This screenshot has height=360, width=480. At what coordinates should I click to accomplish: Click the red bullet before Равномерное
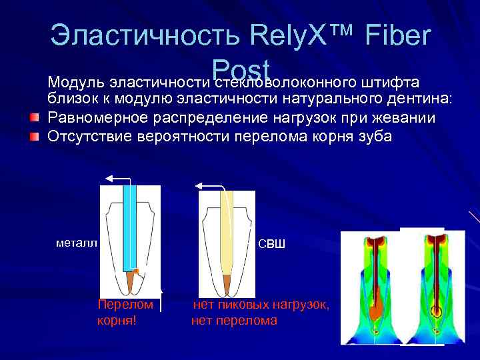[x=34, y=119]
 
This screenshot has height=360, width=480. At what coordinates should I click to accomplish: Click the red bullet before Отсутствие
[x=34, y=137]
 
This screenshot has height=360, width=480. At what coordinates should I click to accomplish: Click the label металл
[x=77, y=243]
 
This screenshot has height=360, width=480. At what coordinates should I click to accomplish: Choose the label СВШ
[x=271, y=244]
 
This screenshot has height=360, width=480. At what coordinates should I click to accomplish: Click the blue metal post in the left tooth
[x=129, y=227]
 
